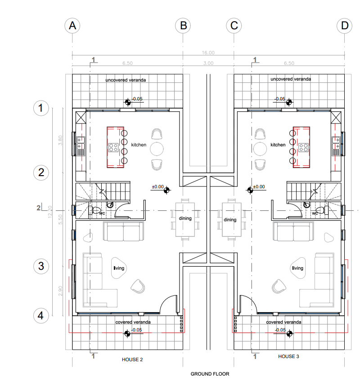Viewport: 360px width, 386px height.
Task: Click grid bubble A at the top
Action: (72, 26)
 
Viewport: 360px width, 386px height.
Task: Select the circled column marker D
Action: (345, 26)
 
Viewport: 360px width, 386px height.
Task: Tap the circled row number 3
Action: (41, 266)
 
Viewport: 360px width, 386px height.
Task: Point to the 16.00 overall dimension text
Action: (208, 53)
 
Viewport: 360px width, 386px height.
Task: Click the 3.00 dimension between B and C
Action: (208, 63)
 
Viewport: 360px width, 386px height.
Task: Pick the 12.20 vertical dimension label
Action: (50, 212)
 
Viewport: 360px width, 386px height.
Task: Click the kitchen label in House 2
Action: (139, 145)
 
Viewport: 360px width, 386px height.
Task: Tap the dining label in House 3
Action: (230, 220)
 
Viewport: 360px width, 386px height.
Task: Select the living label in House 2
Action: (119, 268)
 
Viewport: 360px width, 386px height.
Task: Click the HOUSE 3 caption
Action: (288, 356)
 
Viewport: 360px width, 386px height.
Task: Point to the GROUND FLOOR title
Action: (210, 374)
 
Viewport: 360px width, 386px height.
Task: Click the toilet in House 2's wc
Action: (94, 210)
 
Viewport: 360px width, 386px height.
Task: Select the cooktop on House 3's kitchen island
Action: (303, 147)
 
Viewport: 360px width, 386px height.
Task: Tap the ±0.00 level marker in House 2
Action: (166, 190)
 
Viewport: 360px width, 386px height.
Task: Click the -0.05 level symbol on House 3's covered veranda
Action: (289, 334)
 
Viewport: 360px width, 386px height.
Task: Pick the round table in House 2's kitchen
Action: (157, 149)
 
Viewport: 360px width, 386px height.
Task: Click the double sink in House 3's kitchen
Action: (336, 143)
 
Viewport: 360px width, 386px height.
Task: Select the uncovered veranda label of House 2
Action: (126, 80)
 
